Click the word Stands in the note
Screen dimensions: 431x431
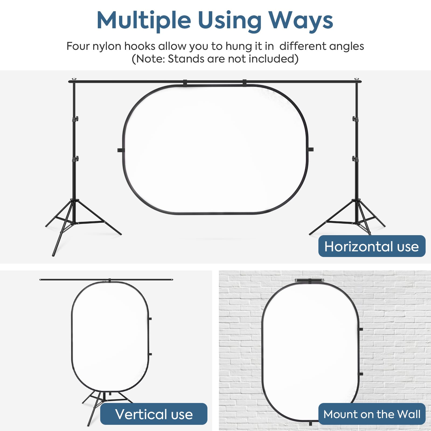click(x=186, y=59)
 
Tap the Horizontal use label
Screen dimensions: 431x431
click(x=372, y=246)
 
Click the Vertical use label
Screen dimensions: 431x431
click(x=154, y=414)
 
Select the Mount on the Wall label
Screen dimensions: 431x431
click(x=372, y=414)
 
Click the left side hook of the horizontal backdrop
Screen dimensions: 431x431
click(x=121, y=150)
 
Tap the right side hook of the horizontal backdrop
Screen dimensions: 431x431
click(x=310, y=149)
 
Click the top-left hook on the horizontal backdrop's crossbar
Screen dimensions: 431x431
click(x=185, y=83)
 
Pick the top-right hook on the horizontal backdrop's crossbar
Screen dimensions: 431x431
click(x=244, y=83)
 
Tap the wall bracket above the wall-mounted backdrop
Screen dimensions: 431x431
click(x=310, y=280)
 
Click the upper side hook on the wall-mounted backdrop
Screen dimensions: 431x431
click(x=361, y=329)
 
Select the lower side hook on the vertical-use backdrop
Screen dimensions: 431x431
click(x=150, y=354)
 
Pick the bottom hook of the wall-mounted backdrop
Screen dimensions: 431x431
click(x=310, y=423)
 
